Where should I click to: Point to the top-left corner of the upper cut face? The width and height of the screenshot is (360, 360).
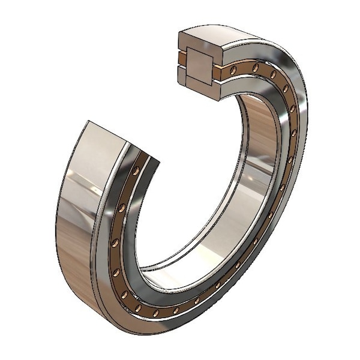click(x=179, y=31)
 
